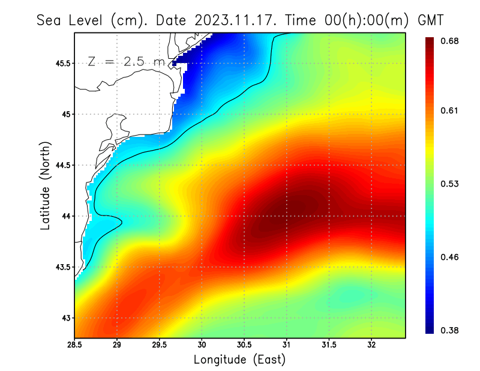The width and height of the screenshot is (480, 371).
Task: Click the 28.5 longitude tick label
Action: tap(74, 345)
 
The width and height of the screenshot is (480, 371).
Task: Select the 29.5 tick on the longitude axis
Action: tap(159, 345)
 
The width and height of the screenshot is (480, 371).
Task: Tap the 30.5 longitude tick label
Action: tap(244, 345)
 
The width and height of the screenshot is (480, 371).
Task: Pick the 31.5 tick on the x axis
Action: tap(329, 345)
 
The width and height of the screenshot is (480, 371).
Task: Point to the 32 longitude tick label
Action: tap(371, 345)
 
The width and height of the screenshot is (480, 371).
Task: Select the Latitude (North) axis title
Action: tap(45, 185)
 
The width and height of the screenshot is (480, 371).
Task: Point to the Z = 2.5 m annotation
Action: tap(126, 62)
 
